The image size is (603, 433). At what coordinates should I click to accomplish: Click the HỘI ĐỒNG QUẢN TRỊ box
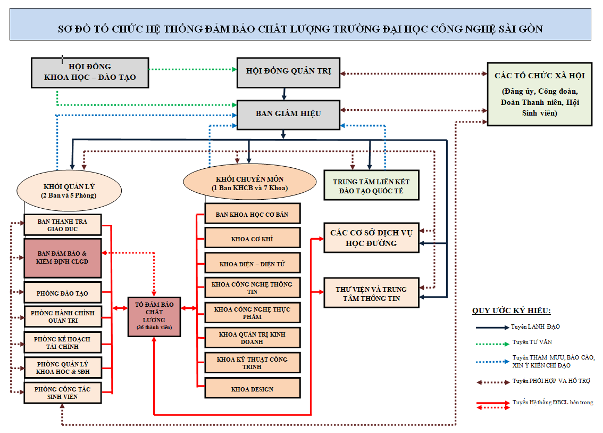[288, 71]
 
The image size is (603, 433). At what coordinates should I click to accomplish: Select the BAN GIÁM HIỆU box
[288, 114]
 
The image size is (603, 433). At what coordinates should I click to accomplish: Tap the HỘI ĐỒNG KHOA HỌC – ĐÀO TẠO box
[90, 72]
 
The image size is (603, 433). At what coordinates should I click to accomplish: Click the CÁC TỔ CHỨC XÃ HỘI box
[539, 94]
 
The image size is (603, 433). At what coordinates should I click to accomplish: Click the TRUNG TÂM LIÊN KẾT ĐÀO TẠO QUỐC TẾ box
[371, 185]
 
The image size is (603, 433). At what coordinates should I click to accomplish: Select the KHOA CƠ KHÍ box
[253, 239]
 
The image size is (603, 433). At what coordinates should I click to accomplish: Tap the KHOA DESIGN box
[253, 389]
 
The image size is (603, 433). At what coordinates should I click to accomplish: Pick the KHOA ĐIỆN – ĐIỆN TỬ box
[253, 264]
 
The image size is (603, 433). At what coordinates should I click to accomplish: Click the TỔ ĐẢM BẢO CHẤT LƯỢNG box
[154, 316]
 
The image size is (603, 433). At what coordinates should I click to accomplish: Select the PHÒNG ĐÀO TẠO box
[63, 293]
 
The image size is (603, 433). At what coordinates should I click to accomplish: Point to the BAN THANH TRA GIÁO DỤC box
[63, 225]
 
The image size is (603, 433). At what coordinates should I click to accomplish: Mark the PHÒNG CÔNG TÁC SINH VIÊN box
[63, 393]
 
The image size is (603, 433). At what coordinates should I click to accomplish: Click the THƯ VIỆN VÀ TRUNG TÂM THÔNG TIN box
[371, 293]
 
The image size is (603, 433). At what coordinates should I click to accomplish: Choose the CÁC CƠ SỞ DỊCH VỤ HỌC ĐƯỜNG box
[371, 238]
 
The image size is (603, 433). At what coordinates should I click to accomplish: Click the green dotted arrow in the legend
[491, 342]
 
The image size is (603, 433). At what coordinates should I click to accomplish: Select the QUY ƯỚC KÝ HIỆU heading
[511, 311]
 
